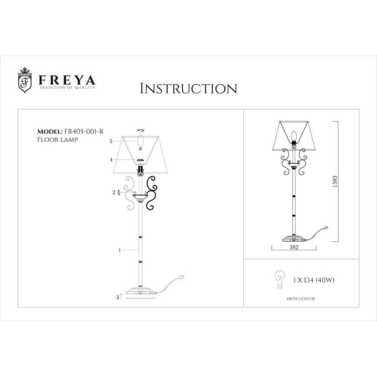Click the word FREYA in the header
click(x=67, y=80)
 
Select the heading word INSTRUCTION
click(x=188, y=88)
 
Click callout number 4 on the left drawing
click(x=111, y=160)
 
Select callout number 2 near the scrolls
click(x=113, y=192)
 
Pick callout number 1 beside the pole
click(x=119, y=250)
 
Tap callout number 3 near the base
click(x=117, y=296)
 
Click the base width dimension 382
click(x=293, y=248)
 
